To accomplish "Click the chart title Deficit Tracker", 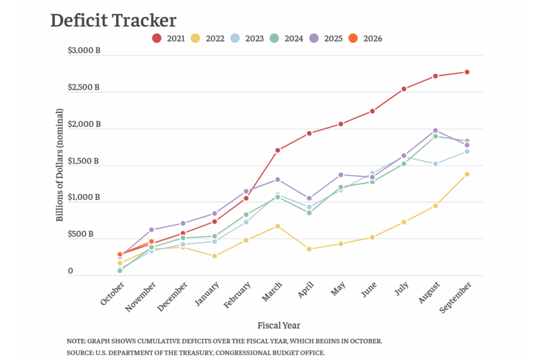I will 113,21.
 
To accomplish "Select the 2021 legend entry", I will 169,38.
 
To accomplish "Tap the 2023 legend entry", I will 247,38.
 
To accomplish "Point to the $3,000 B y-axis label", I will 84,51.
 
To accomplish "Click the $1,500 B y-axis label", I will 84,161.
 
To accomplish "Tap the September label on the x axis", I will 456,296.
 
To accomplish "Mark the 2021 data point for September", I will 467,72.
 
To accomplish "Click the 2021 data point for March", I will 277,150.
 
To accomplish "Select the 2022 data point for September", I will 467,174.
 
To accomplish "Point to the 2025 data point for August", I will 435,130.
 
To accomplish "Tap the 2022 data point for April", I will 309,249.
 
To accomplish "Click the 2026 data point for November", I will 151,241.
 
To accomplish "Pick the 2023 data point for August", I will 435,164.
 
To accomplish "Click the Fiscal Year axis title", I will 278,325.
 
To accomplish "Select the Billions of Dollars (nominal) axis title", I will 60,165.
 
